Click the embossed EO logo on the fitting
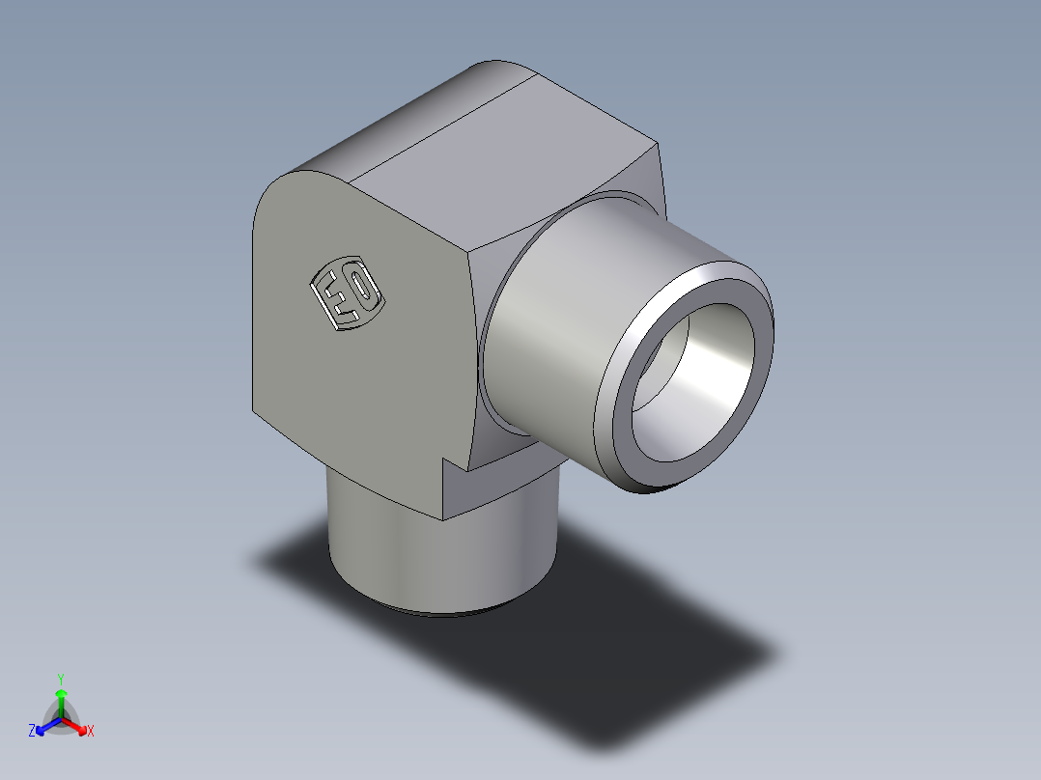(x=346, y=292)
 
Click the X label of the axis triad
(x=91, y=732)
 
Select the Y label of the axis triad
(x=60, y=678)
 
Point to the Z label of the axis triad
(x=32, y=732)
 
